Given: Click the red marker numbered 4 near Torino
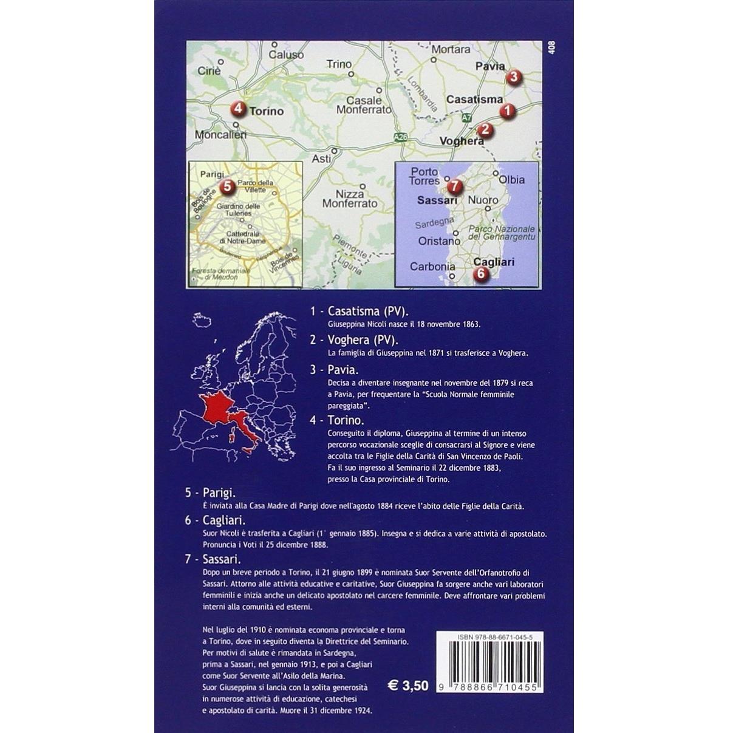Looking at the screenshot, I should pyautogui.click(x=238, y=109).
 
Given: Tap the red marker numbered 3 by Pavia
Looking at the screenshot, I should pyautogui.click(x=514, y=77).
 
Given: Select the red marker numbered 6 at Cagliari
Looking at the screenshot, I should pyautogui.click(x=480, y=274).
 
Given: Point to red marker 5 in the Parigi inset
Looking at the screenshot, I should pyautogui.click(x=227, y=186).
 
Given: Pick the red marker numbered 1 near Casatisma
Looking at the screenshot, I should pyautogui.click(x=507, y=111).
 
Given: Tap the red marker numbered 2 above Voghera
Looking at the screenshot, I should pyautogui.click(x=484, y=129).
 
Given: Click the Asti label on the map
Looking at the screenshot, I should pyautogui.click(x=321, y=159).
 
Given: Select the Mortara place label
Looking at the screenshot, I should pyautogui.click(x=451, y=49).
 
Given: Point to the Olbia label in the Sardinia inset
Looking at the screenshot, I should pyautogui.click(x=511, y=180).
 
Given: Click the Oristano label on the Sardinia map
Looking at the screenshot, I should pyautogui.click(x=439, y=241).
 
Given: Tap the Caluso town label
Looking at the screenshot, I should pyautogui.click(x=286, y=55).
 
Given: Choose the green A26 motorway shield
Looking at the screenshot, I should pyautogui.click(x=400, y=137).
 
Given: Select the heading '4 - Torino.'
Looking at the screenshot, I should pyautogui.click(x=336, y=420).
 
